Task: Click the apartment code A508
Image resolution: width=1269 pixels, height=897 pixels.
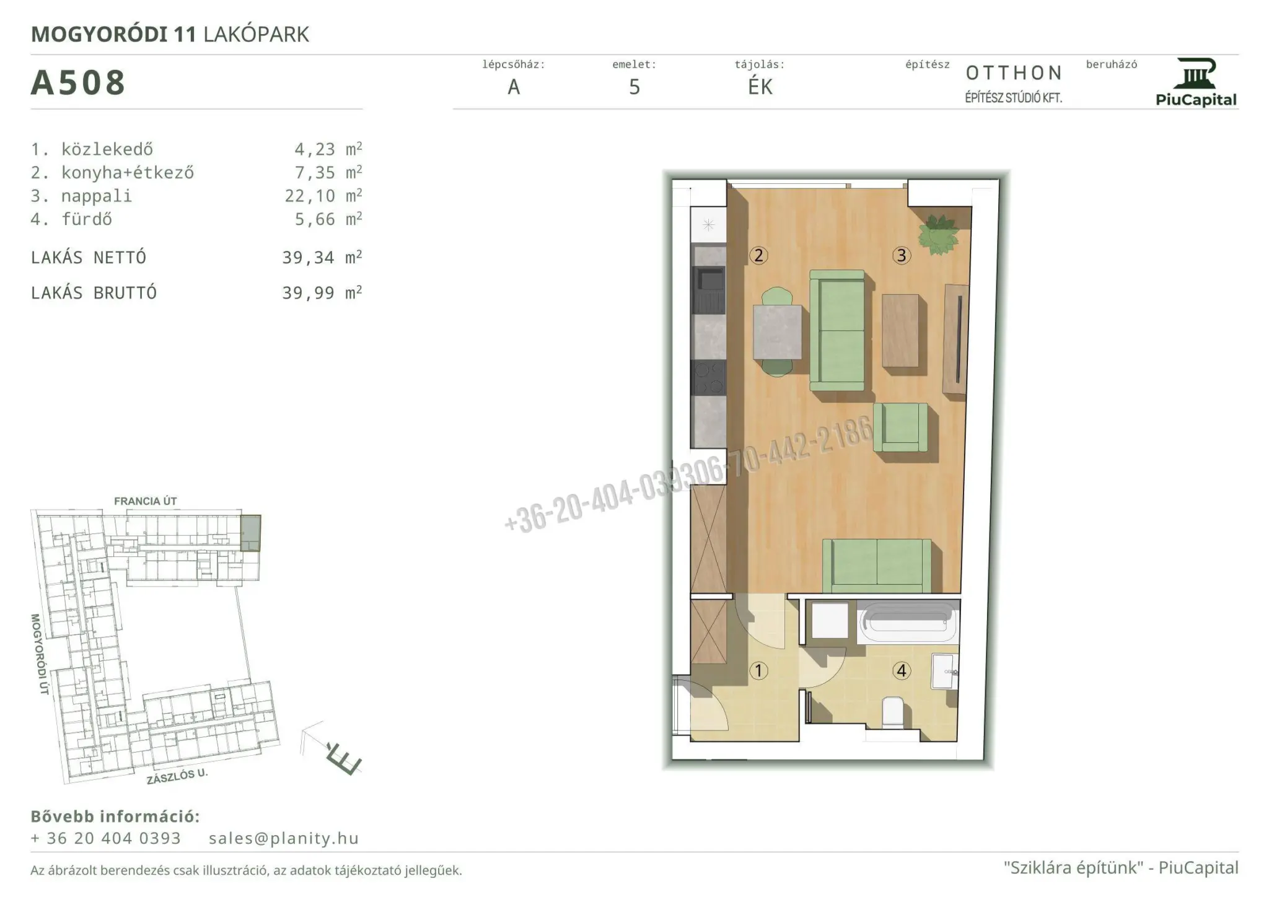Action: [78, 82]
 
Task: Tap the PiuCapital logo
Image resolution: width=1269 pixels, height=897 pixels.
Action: [1196, 82]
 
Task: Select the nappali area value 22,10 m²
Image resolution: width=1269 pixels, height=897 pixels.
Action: [323, 196]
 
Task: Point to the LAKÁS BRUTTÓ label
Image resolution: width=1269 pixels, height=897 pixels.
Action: [94, 293]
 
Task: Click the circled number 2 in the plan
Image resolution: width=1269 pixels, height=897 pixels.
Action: [758, 255]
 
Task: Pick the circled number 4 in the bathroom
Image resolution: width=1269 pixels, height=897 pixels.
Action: [901, 670]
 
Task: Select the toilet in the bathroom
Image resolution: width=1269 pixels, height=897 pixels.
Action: [893, 712]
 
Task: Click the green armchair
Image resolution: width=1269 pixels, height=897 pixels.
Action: [901, 428]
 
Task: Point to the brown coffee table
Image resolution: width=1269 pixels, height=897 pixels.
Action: [900, 330]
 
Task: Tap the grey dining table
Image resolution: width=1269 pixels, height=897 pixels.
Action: [778, 333]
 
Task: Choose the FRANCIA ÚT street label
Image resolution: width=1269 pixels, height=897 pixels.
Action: [146, 501]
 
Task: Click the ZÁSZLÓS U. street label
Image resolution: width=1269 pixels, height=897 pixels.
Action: [177, 777]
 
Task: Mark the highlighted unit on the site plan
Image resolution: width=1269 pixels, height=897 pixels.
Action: [251, 533]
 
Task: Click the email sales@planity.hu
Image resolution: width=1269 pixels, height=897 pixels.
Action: [284, 838]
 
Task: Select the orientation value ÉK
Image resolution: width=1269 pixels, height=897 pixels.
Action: [760, 87]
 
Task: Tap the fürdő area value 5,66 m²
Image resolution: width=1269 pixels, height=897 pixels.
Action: [328, 219]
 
